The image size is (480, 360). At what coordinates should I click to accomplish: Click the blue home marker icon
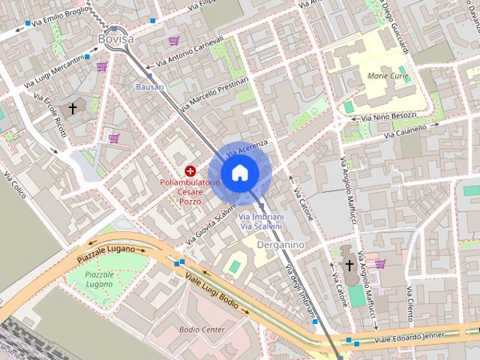(239, 172)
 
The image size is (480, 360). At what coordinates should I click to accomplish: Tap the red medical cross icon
(190, 171)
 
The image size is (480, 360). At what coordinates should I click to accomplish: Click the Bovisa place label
(115, 38)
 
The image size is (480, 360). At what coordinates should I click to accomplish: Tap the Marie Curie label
(388, 76)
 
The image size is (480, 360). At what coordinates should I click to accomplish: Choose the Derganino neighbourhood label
(280, 244)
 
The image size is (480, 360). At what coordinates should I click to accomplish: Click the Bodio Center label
(202, 329)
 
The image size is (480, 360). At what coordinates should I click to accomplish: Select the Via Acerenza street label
(247, 147)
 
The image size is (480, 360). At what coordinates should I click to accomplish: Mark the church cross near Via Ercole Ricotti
(73, 109)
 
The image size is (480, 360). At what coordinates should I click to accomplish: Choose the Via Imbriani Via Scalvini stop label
(260, 221)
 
